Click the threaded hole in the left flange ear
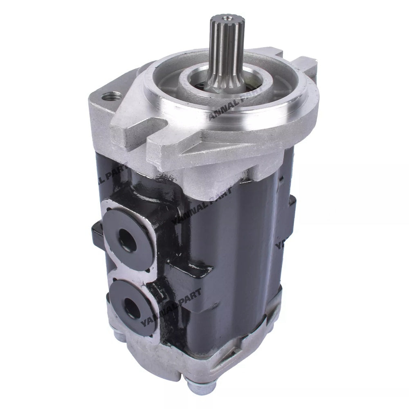click(x=111, y=97)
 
